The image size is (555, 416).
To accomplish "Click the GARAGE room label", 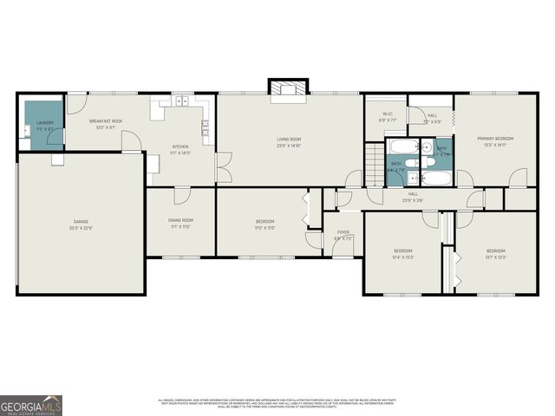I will point(81,222).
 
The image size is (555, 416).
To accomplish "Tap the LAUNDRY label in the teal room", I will point(45,123).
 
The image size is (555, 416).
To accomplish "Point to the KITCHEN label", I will point(180,146).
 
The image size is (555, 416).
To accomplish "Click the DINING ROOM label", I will point(180,220).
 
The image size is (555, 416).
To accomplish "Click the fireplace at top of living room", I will point(289,89).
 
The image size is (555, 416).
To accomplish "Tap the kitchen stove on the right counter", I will point(206,128).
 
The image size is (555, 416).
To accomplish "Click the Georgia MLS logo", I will point(31,405).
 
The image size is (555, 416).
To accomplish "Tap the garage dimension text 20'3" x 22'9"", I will point(81,228).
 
